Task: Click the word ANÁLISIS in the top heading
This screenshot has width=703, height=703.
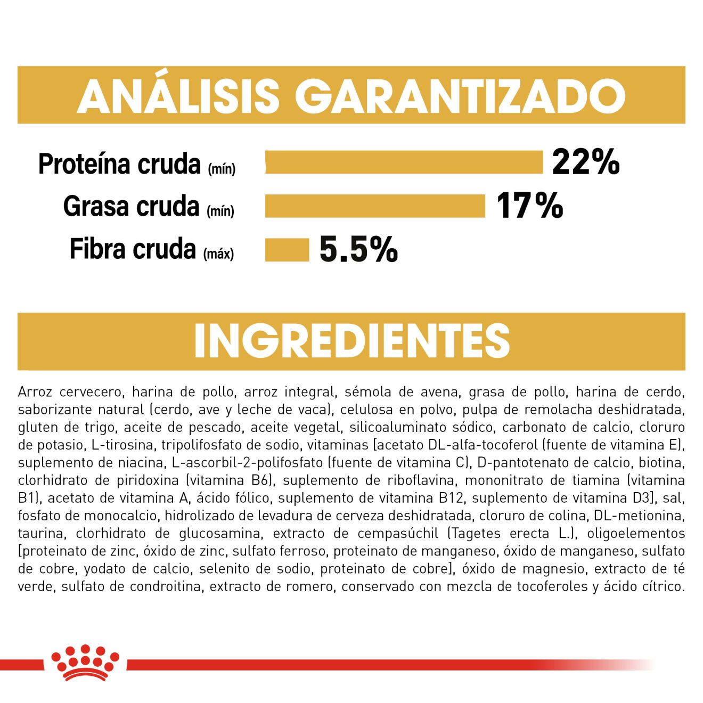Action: pyautogui.click(x=179, y=96)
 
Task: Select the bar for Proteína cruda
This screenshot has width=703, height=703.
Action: pyautogui.click(x=404, y=162)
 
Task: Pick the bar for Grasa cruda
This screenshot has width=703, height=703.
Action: pyautogui.click(x=375, y=206)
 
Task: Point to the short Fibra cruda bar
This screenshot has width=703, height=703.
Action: pyautogui.click(x=287, y=250)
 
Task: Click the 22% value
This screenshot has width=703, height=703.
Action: pyautogui.click(x=586, y=161)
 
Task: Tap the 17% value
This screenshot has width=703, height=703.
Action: pyautogui.click(x=529, y=206)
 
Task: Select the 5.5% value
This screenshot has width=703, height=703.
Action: pyautogui.click(x=358, y=249)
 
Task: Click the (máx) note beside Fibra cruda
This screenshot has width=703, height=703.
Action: pyautogui.click(x=218, y=254)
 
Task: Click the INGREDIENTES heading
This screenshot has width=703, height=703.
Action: pyautogui.click(x=351, y=341)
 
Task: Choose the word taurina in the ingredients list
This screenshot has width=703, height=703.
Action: pyautogui.click(x=41, y=534)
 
